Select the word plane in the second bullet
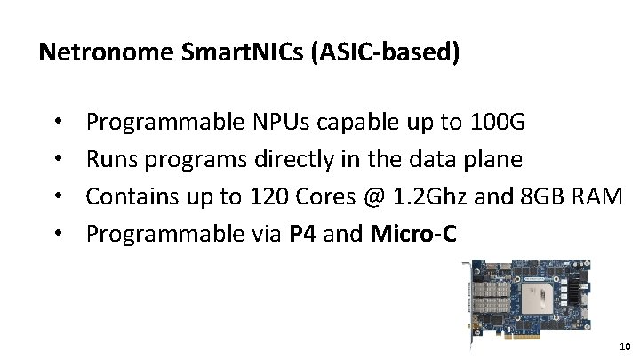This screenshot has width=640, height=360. (x=493, y=159)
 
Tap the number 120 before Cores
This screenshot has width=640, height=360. (x=267, y=196)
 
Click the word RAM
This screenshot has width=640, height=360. (x=597, y=196)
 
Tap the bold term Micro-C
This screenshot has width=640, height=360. (x=413, y=233)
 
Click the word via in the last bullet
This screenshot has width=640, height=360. (x=264, y=233)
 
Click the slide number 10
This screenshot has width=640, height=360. (x=624, y=346)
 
